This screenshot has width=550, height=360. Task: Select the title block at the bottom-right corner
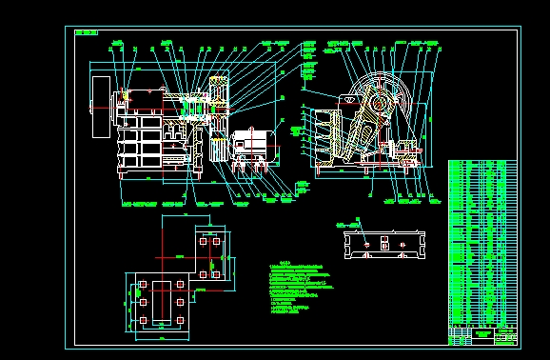coord(483,335)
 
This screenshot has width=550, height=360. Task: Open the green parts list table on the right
coord(482,243)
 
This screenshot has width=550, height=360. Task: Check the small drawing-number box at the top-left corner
coord(85,31)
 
